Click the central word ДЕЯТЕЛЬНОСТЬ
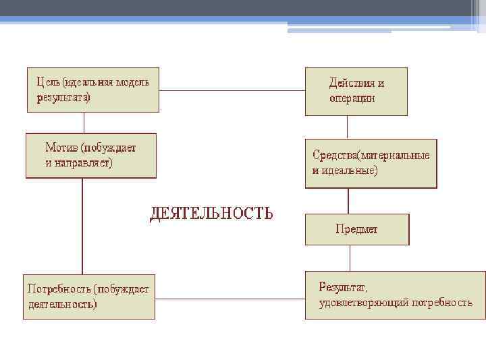pyautogui.click(x=211, y=214)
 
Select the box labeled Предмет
pyautogui.click(x=357, y=229)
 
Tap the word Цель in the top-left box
pyautogui.click(x=48, y=82)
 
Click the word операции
pyautogui.click(x=352, y=98)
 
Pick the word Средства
pyautogui.click(x=335, y=155)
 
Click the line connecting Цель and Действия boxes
pyautogui.click(x=232, y=90)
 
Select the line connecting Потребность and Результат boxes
pyautogui.click(x=230, y=296)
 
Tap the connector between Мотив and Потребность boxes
pyautogui.click(x=82, y=226)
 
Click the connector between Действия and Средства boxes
pyautogui.click(x=348, y=127)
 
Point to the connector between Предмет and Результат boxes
pyautogui.click(x=350, y=257)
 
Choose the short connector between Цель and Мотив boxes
pyautogui.click(x=84, y=122)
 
